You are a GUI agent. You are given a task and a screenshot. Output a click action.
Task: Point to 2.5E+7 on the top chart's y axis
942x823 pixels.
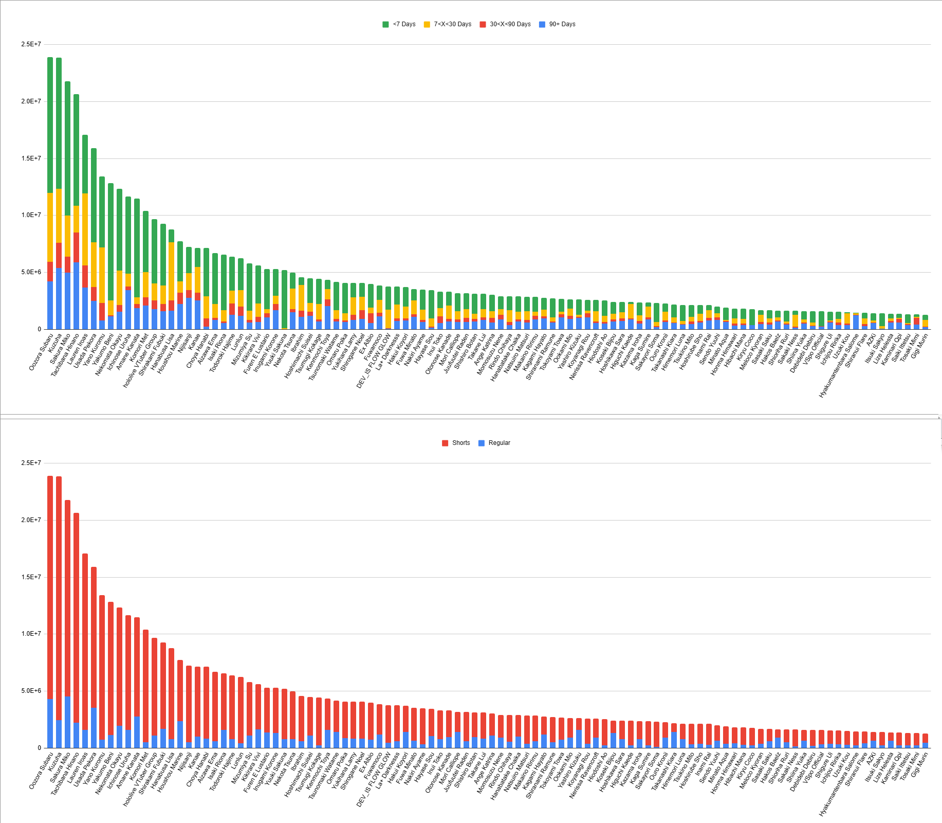(x=31, y=44)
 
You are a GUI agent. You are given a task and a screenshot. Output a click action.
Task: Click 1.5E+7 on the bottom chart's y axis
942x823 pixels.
(x=31, y=577)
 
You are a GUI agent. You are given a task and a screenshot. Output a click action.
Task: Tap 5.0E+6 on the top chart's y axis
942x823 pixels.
(x=31, y=272)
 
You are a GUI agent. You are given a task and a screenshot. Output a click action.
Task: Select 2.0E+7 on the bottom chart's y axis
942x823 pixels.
(x=31, y=520)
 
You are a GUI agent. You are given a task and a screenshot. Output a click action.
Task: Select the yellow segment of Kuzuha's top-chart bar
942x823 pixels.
(x=59, y=216)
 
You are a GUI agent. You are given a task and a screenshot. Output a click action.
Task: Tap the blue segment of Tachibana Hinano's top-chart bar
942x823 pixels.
(x=76, y=296)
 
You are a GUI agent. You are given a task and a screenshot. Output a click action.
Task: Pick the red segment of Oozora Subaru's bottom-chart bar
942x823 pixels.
(x=50, y=586)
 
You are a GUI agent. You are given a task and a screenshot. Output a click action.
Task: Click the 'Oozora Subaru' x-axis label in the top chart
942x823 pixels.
(x=41, y=352)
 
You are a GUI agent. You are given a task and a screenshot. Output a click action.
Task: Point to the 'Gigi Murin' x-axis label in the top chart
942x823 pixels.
(x=919, y=347)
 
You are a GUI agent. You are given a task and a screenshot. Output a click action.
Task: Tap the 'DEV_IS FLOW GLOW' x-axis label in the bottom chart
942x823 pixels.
(x=374, y=777)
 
